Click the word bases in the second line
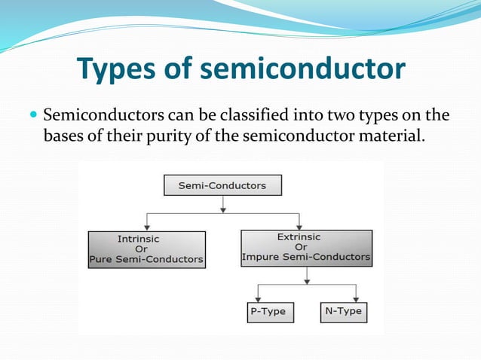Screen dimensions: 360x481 [64, 137]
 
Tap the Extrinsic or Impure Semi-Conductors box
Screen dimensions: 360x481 [305, 247]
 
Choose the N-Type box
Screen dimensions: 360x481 [342, 312]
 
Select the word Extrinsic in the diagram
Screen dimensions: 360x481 [299, 236]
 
